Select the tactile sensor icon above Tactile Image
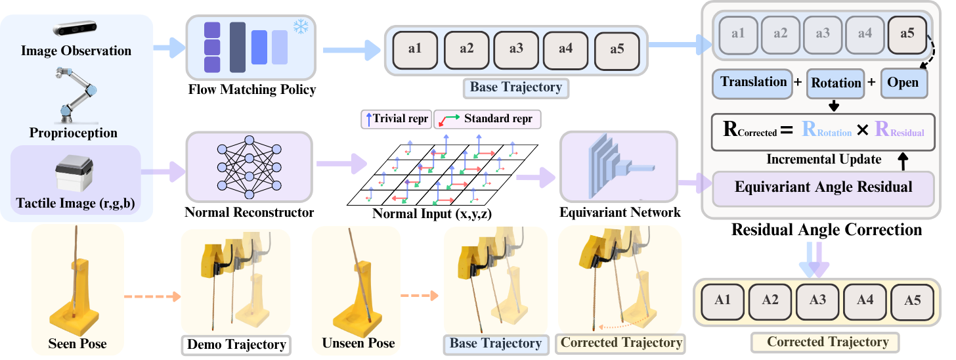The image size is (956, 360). [76, 173]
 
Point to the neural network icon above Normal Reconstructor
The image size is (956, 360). [249, 166]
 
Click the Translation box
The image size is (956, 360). [753, 83]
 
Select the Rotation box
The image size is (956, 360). [836, 83]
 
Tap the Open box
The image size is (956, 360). [903, 83]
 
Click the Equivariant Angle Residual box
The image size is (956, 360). [823, 187]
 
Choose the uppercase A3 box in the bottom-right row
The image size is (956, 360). [817, 301]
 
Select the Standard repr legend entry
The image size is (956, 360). [487, 120]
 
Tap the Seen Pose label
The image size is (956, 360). [77, 344]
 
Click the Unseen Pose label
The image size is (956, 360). [358, 344]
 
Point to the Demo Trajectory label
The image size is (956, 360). [236, 344]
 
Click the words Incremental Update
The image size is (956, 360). [823, 160]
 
